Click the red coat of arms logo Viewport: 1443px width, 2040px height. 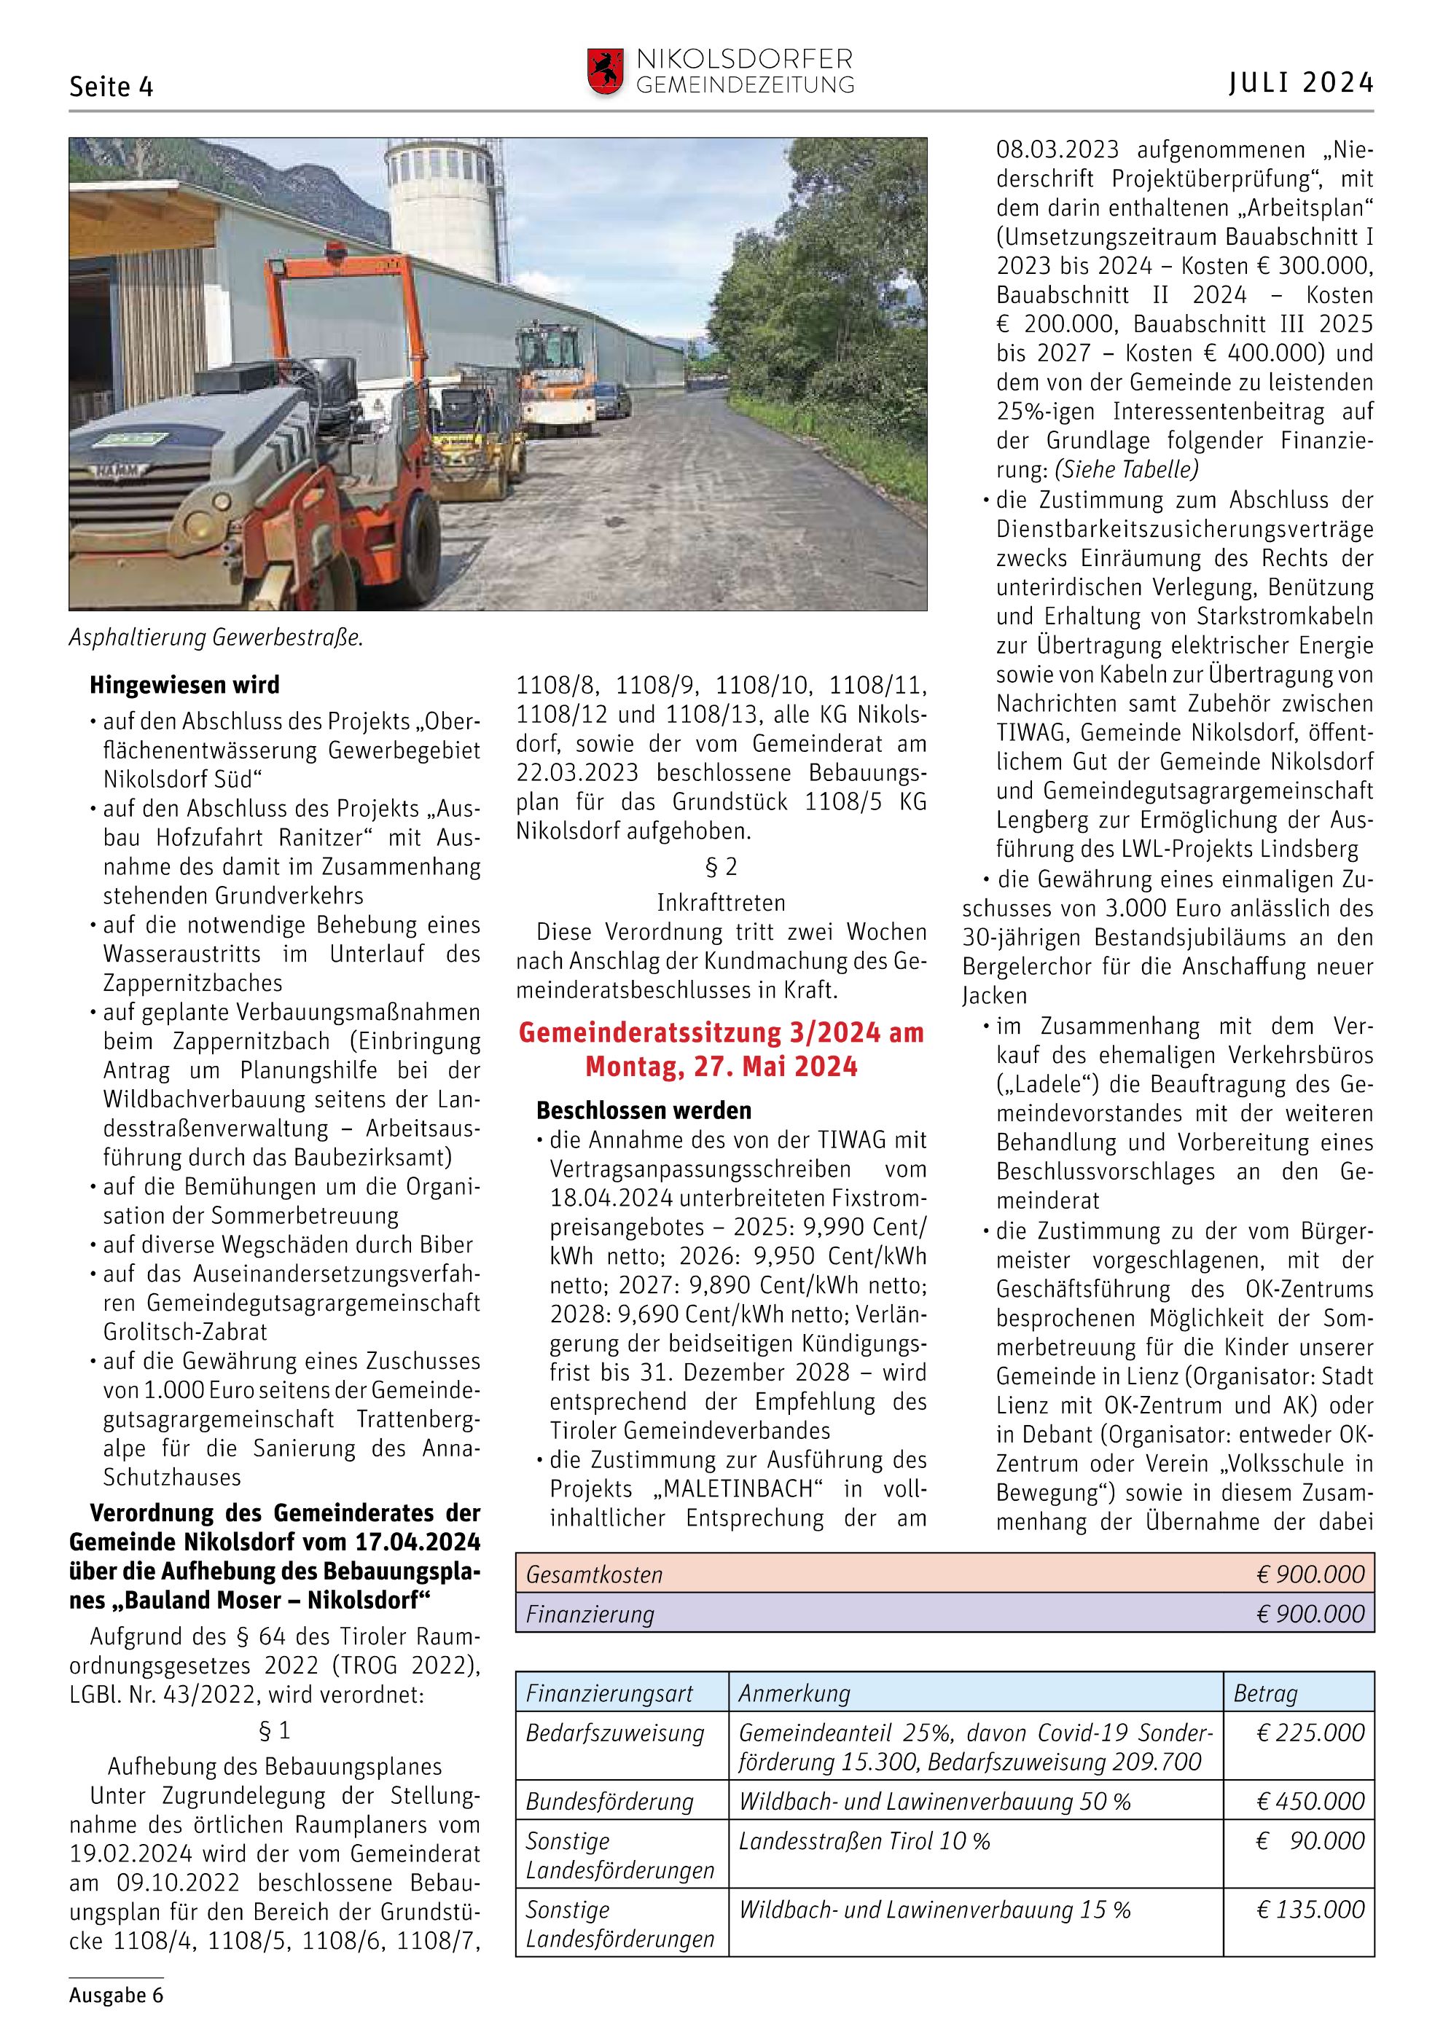pos(605,71)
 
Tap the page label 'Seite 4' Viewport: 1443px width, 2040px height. pos(111,87)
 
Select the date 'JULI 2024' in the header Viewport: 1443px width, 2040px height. pos(1301,84)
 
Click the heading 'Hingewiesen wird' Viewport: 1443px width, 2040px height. pos(184,685)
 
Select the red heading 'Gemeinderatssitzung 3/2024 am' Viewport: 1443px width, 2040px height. pos(721,1032)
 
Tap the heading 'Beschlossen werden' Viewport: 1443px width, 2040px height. pos(644,1110)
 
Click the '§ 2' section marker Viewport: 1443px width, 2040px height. pos(721,866)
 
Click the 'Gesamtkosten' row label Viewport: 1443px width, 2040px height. pos(595,1575)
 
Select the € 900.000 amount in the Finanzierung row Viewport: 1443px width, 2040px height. pos(1310,1615)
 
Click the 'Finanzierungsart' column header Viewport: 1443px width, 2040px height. pos(609,1693)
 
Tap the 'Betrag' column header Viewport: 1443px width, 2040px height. pos(1265,1693)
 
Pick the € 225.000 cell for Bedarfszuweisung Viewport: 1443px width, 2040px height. pos(1310,1733)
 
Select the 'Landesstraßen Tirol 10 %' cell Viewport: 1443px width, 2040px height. pos(864,1841)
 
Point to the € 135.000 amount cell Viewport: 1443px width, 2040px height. pos(1310,1910)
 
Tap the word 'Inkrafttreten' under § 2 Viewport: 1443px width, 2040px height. pos(721,903)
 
